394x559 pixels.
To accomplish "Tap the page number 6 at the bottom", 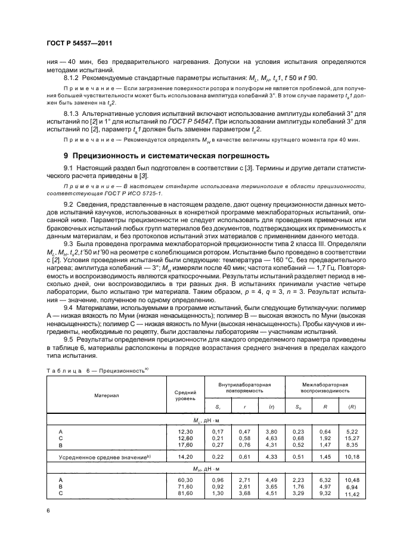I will pyautogui.click(x=48, y=511).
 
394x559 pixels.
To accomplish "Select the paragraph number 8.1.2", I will pyautogui.click(x=72, y=78).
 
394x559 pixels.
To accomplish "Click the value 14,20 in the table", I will pyautogui.click(x=185, y=456).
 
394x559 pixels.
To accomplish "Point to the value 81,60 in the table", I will pyautogui.click(x=185, y=493).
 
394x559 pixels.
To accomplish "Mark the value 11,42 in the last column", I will pyautogui.click(x=355, y=495).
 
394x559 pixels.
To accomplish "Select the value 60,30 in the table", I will pyautogui.click(x=185, y=479).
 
